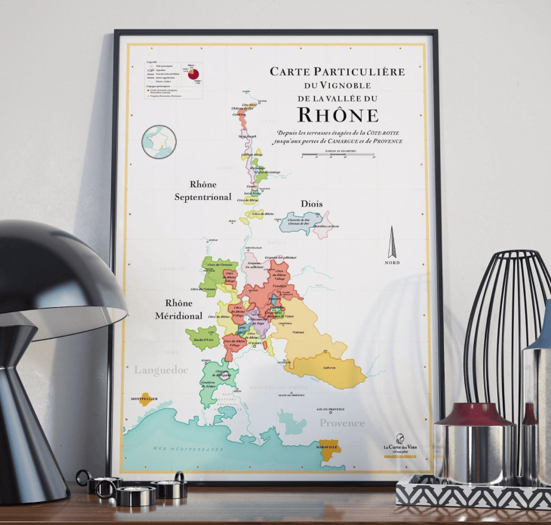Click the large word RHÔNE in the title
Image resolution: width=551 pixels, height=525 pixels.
tap(338, 115)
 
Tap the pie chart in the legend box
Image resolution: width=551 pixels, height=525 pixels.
tap(193, 75)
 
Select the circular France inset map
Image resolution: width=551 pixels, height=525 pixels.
tap(159, 141)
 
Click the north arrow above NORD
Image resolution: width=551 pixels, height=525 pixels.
tap(391, 242)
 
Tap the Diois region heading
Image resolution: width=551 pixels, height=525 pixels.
tap(312, 204)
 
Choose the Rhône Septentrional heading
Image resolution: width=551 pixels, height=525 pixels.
tap(203, 191)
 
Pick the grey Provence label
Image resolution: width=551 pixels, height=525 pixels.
tap(342, 423)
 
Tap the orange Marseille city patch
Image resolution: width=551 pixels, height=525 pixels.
tap(329, 449)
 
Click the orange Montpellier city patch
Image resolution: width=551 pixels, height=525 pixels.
tap(145, 398)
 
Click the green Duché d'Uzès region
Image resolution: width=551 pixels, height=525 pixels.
tap(202, 338)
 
